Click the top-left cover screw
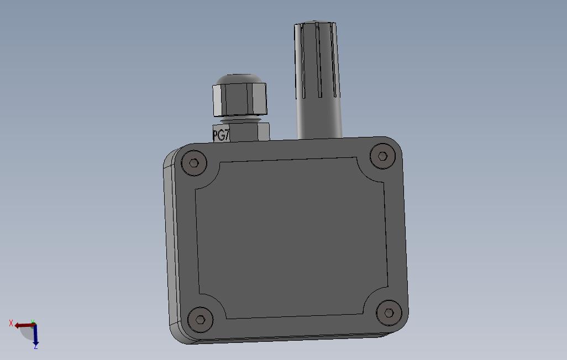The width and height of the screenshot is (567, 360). (x=194, y=163)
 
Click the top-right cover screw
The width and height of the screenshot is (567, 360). (x=382, y=156)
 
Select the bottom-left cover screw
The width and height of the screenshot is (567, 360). (x=201, y=320)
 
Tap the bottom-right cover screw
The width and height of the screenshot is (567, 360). (x=389, y=313)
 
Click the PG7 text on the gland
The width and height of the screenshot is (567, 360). (x=221, y=135)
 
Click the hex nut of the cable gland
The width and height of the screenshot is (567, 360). (x=240, y=99)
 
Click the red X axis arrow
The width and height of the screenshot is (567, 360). (x=24, y=326)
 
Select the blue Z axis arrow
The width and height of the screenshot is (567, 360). (x=35, y=335)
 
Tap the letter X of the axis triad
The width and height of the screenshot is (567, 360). (x=11, y=323)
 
